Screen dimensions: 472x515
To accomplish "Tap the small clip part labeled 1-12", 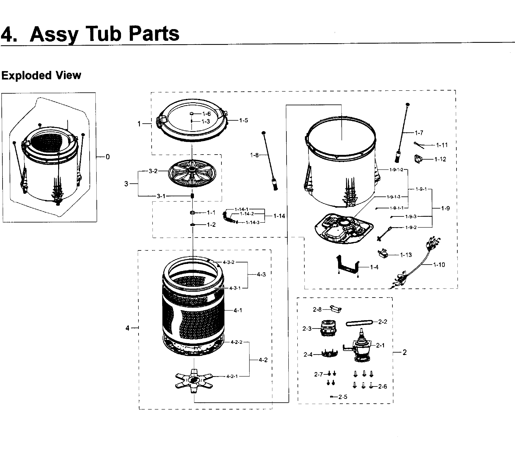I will tap(418, 159).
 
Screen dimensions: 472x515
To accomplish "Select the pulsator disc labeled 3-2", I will tap(192, 174).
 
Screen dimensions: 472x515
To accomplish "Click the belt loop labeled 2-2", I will tap(359, 323).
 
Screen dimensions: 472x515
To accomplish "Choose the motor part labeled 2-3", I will tap(328, 328).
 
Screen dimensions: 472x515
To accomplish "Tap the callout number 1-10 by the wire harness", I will tap(439, 265).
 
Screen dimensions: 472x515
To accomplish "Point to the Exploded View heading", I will tap(41, 75).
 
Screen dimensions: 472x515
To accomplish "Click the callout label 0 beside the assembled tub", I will tap(108, 157).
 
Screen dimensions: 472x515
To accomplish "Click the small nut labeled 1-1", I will tap(193, 213).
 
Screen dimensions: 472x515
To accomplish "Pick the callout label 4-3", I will tap(261, 275).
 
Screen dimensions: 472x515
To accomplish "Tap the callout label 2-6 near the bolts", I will tap(383, 387).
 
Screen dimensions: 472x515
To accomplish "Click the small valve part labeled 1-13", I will tap(383, 254).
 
